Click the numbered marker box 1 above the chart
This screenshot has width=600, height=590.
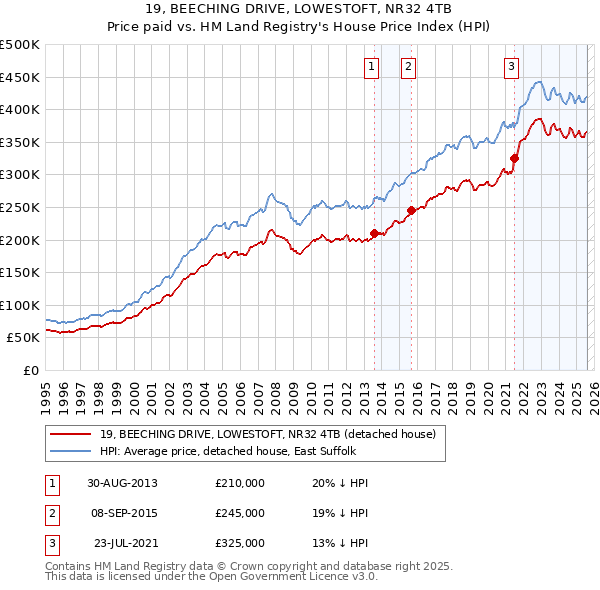click(371, 67)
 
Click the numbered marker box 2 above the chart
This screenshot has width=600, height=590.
click(409, 67)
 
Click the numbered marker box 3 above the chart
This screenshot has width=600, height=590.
click(511, 67)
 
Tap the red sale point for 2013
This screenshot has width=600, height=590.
click(375, 233)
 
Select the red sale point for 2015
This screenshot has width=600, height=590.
click(411, 210)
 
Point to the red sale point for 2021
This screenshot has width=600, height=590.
click(515, 158)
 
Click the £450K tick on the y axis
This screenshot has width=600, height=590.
click(20, 77)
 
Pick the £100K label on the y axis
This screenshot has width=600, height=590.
click(20, 305)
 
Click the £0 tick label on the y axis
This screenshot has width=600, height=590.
click(30, 370)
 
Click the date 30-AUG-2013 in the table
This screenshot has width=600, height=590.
click(122, 483)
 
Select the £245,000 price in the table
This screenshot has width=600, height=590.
click(240, 513)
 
